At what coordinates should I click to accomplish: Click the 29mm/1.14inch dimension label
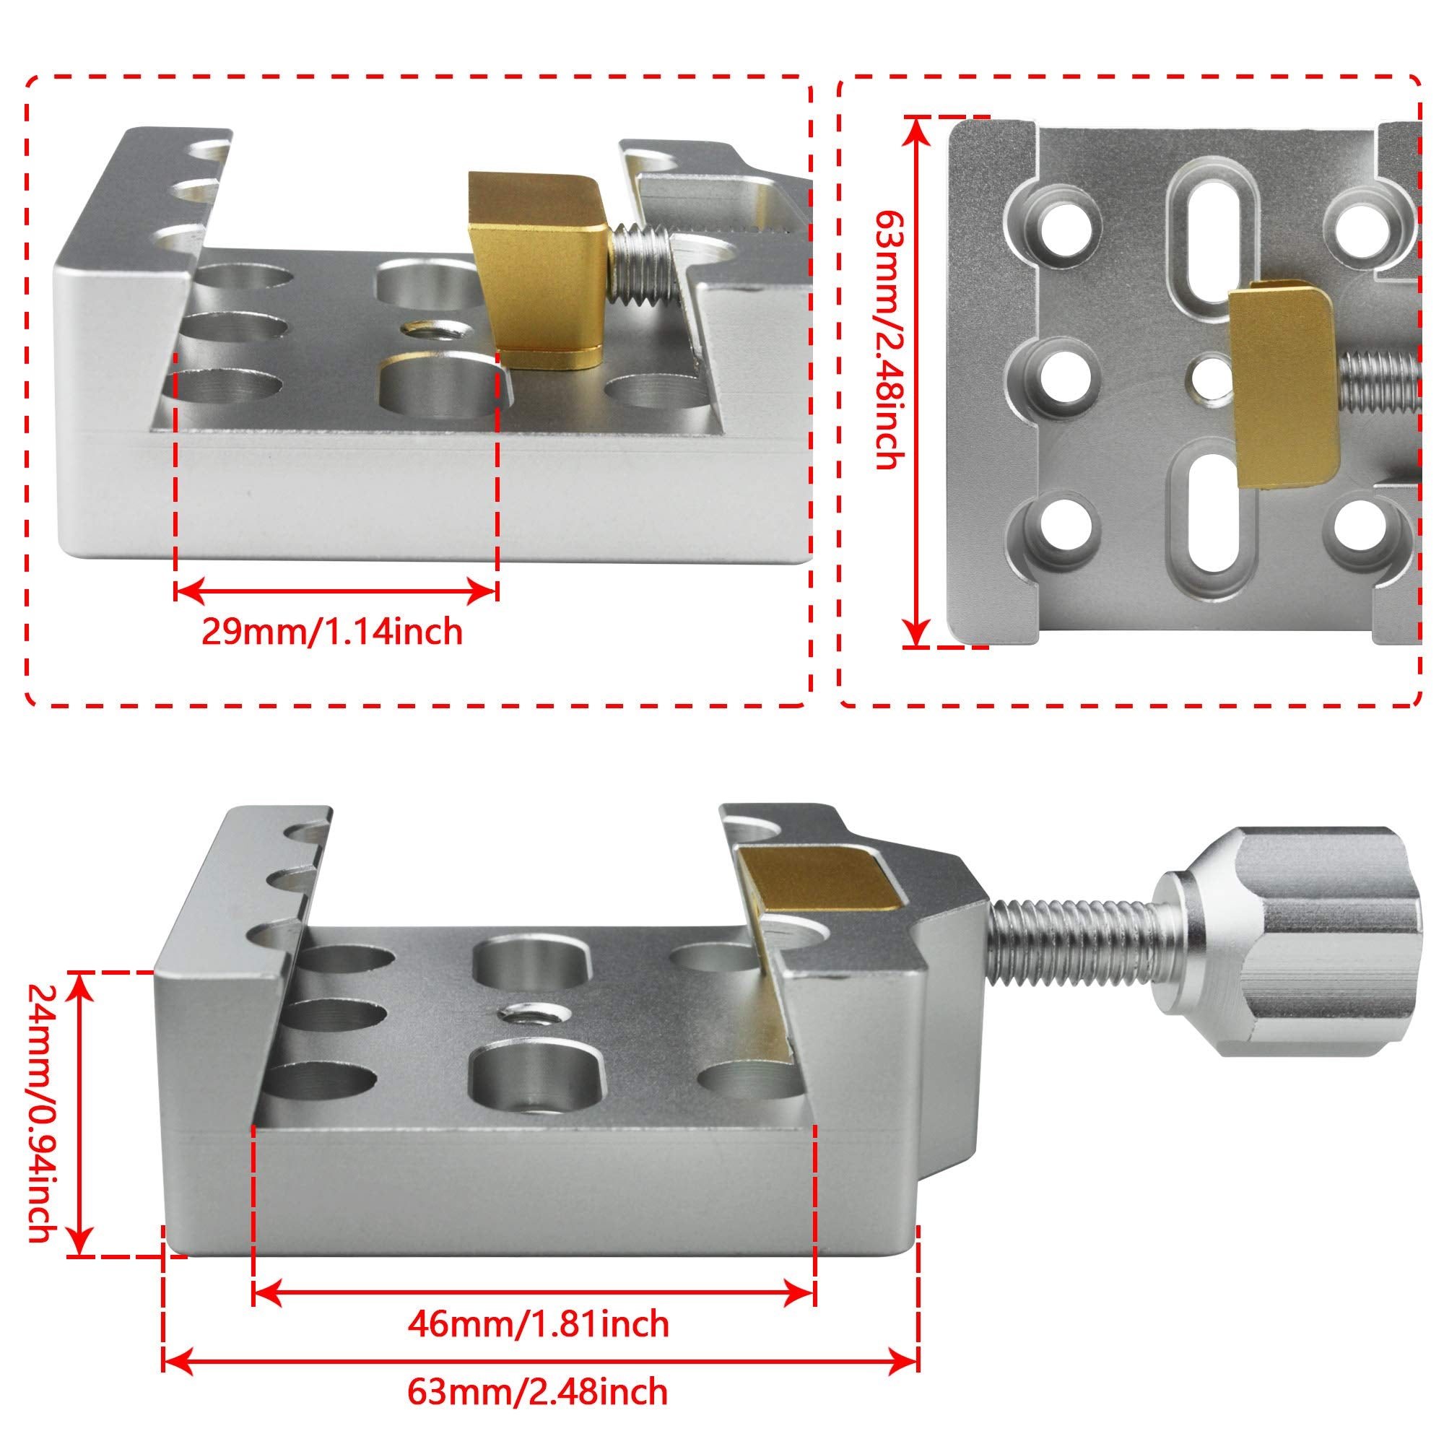[x=332, y=632]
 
